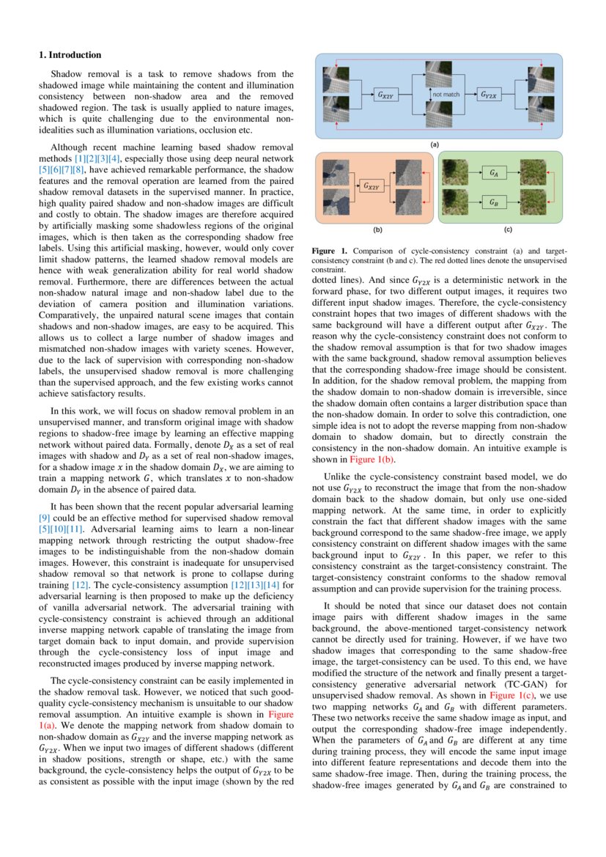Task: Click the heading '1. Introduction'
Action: coord(70,55)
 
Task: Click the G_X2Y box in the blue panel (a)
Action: coord(384,95)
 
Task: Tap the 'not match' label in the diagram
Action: coord(446,95)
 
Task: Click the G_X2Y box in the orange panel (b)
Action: coord(372,187)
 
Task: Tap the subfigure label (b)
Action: coord(377,229)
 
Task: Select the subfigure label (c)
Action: coord(500,229)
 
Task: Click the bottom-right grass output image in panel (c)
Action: coord(533,199)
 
